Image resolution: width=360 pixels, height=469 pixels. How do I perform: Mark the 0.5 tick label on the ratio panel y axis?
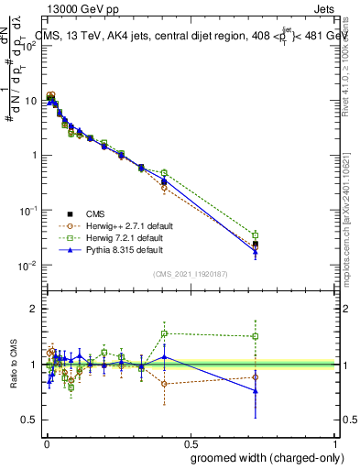[30, 420]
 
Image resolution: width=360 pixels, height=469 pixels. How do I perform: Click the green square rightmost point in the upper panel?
[256, 235]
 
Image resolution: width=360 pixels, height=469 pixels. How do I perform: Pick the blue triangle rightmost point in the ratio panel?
[256, 391]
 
